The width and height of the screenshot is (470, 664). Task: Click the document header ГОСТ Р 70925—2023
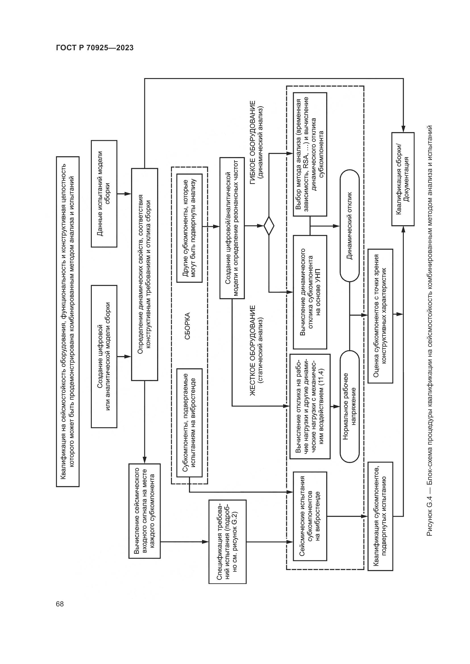tap(95, 48)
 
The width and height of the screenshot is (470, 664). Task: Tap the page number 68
tap(60, 604)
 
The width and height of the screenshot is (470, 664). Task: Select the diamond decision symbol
tap(269, 226)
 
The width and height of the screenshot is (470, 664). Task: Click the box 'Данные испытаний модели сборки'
tap(104, 194)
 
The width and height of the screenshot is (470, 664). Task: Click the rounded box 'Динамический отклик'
tap(350, 226)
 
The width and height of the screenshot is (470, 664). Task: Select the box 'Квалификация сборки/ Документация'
tap(403, 179)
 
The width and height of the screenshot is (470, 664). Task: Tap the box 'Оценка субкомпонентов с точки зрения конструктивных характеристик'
tap(380, 316)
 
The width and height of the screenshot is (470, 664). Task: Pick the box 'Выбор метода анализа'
tap(310, 154)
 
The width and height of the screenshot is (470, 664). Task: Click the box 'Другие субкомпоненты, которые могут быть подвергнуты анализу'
tap(189, 228)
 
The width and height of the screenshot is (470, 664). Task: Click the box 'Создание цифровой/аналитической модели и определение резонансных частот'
tap(232, 228)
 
